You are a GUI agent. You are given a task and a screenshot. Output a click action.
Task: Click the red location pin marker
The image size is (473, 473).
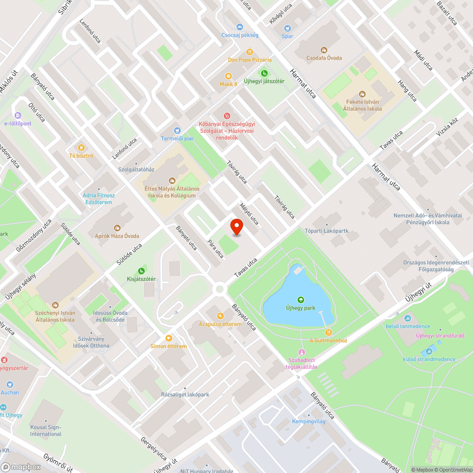coord(236,227)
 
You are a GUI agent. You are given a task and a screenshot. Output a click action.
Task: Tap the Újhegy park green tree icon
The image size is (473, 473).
coord(300,299)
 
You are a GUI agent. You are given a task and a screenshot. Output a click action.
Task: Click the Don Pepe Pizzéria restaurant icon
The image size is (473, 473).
coord(250,52)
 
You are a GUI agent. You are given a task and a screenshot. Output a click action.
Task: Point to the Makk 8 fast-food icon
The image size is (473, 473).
coord(228,76)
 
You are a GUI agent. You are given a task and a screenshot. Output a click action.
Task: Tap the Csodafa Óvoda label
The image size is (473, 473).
coord(324,58)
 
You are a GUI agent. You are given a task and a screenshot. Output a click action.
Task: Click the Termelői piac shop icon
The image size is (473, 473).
coord(177,130)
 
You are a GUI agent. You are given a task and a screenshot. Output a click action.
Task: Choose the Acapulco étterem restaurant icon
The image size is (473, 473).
coord(220,316)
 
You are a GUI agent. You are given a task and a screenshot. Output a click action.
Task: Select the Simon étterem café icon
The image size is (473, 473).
coord(168,338)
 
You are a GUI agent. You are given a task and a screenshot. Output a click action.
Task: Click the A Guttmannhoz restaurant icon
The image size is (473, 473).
coord(329,333)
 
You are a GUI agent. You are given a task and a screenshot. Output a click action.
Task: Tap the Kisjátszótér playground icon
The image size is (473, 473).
coord(141,271)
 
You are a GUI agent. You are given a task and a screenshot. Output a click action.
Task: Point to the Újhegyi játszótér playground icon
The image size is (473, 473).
coord(264,73)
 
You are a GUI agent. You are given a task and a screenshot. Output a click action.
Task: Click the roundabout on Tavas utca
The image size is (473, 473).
coord(219,289)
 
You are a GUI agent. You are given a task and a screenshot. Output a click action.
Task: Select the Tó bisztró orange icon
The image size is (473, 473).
coord(81,148)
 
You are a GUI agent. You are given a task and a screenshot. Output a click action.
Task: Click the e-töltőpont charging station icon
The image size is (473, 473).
coord(18,115)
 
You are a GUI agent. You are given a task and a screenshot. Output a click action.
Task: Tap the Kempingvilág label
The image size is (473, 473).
coord(308,421)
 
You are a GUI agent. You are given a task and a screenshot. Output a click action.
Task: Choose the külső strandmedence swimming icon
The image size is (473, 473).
coord(429,351)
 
